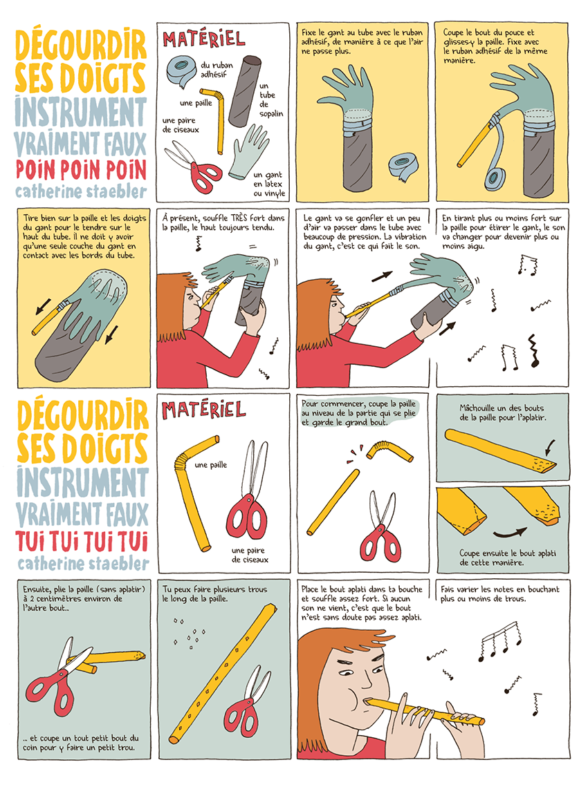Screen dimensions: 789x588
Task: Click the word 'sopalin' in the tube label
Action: click(271, 113)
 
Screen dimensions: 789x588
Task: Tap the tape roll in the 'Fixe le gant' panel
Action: click(399, 165)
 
